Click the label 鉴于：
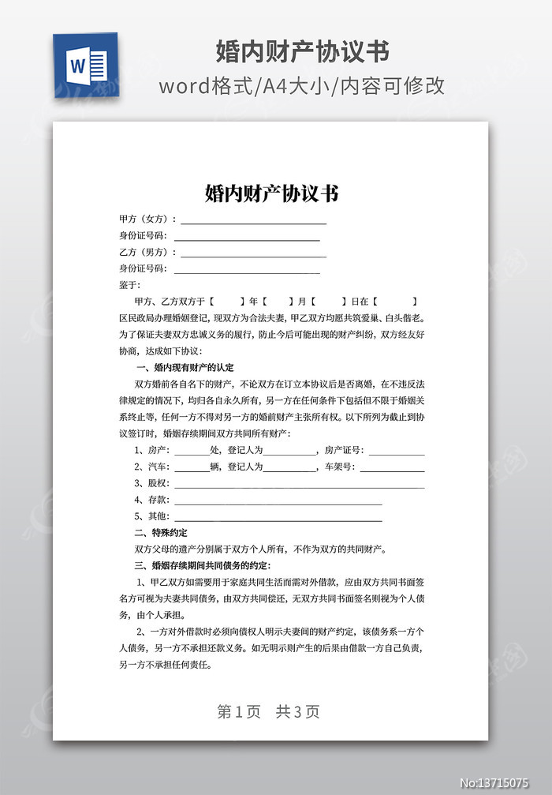pos(129,285)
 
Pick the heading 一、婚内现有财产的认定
pos(185,368)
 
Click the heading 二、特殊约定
pos(161,533)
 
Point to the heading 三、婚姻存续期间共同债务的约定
pos(203,565)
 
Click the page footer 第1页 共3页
pos(268,711)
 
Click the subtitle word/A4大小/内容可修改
pos(302,85)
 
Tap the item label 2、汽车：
pos(152,467)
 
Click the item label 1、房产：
pos(152,450)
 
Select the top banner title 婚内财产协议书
pos(303,52)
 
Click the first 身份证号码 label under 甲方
pos(143,236)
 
